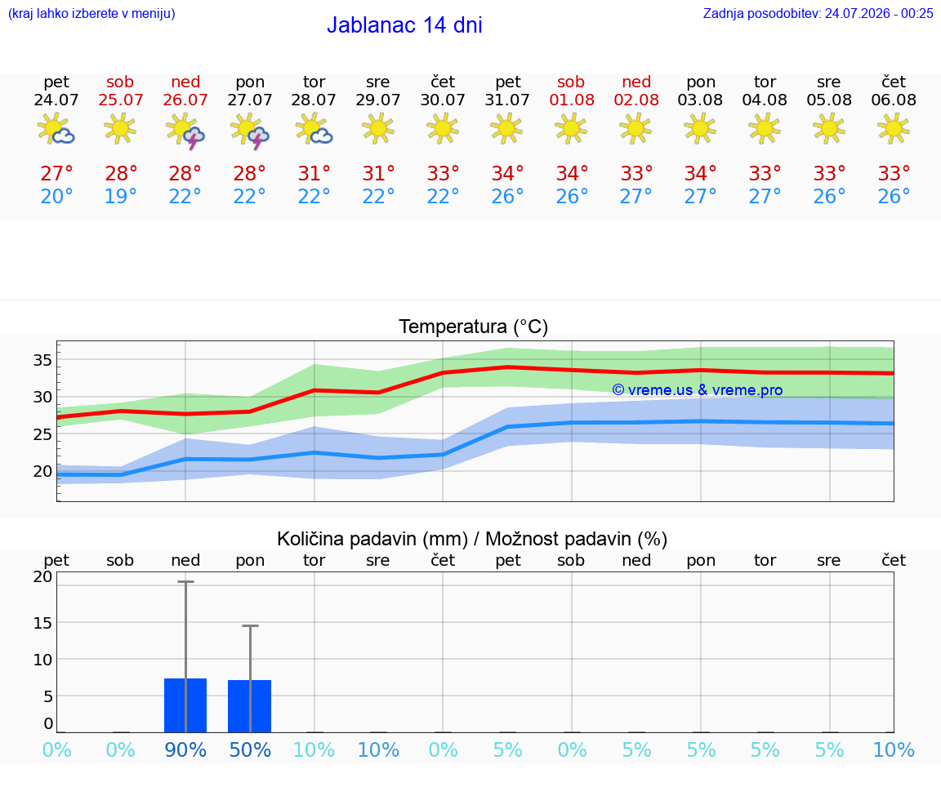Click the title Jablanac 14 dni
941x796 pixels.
pos(404,25)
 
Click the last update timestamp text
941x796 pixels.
pos(818,13)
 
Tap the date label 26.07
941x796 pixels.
pos(185,100)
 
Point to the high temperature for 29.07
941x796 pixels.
pos(378,173)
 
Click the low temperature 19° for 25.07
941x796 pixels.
pos(121,196)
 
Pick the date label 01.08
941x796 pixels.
pos(572,100)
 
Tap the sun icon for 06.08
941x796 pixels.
pos(894,128)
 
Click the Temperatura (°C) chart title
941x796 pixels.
pos(474,327)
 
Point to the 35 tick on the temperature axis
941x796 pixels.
pos(42,360)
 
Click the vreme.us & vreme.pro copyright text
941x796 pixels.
pos(698,390)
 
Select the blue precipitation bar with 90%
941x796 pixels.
pos(185,705)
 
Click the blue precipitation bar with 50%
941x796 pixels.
pos(250,706)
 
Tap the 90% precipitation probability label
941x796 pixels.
pos(185,749)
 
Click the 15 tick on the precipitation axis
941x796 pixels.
pos(42,623)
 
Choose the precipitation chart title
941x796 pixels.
pos(472,539)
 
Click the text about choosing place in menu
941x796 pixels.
pos(91,13)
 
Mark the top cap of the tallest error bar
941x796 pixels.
pos(185,582)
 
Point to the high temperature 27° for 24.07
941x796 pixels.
pos(56,173)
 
